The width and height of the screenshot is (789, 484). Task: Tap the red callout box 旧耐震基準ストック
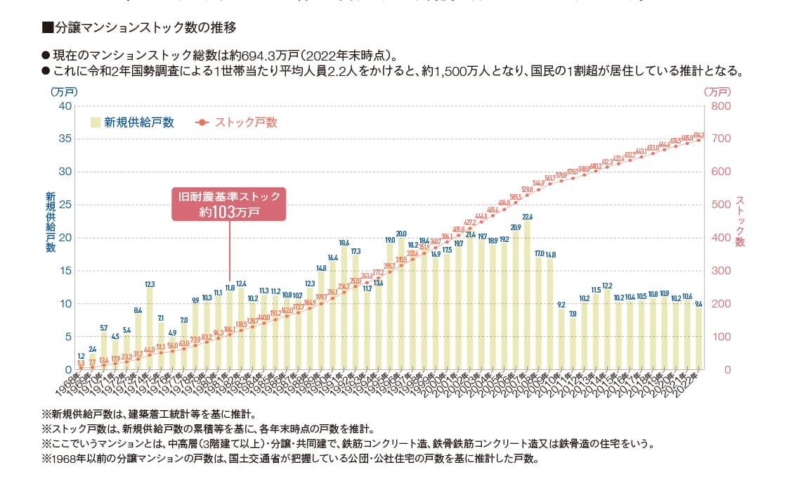tap(229, 204)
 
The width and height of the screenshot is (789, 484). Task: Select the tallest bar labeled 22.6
tap(527, 295)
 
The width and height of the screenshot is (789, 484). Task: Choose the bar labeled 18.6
tap(344, 308)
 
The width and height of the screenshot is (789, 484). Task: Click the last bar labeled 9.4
tap(698, 338)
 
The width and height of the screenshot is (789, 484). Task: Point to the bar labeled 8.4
tap(138, 342)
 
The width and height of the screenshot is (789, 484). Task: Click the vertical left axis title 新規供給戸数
tap(51, 221)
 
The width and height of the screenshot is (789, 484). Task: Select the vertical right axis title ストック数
tap(739, 221)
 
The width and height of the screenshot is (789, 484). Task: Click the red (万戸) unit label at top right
tap(717, 91)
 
